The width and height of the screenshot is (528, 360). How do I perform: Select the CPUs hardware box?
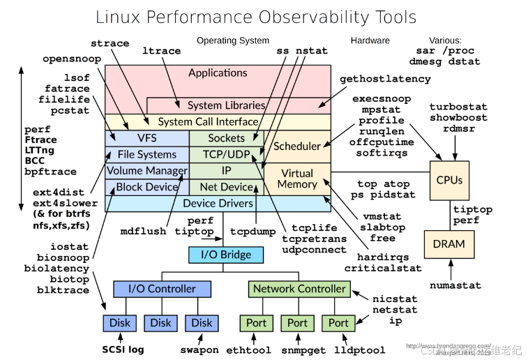(x=449, y=179)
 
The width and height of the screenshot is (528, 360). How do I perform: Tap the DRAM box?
(x=449, y=243)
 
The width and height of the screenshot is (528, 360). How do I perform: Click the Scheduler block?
(x=297, y=146)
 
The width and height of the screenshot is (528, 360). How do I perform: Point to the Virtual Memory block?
(x=297, y=179)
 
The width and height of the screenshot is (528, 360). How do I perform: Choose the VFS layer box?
(x=147, y=138)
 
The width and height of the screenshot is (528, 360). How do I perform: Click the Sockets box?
(x=226, y=138)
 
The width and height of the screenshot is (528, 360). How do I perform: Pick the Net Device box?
(x=226, y=187)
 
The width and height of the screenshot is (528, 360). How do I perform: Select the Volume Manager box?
(x=147, y=170)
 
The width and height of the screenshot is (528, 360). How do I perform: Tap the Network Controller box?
(x=299, y=288)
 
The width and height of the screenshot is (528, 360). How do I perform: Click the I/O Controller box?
(x=161, y=288)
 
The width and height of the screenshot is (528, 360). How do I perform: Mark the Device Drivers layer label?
(x=218, y=203)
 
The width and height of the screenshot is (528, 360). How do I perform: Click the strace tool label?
(x=110, y=43)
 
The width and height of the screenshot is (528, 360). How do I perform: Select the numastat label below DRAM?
(x=453, y=285)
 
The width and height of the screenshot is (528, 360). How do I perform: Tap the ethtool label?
(x=248, y=350)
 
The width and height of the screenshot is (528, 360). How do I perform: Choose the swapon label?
(x=199, y=350)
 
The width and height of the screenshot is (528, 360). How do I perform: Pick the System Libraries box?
(x=227, y=105)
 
